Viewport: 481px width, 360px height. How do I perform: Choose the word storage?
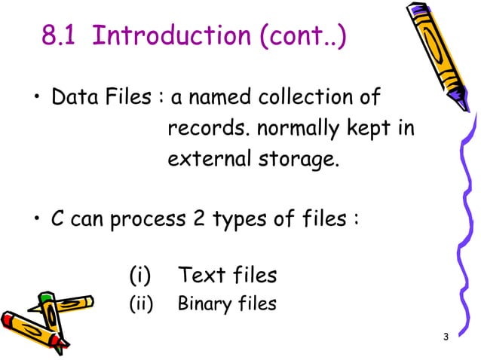click(x=294, y=160)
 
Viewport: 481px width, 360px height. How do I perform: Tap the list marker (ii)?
click(x=142, y=305)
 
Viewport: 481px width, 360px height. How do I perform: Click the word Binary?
click(x=201, y=305)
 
